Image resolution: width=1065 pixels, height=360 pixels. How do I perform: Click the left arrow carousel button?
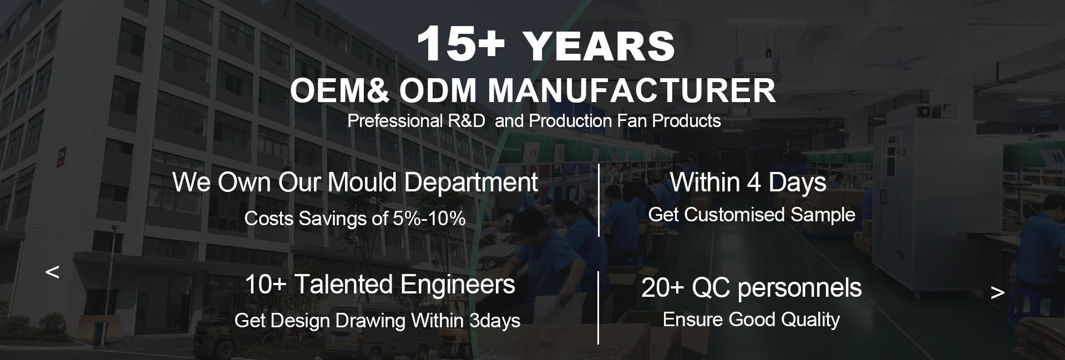point(52,272)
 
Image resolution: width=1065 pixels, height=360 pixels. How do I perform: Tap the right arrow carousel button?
point(997,292)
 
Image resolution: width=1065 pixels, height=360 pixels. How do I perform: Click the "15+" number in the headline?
point(460,44)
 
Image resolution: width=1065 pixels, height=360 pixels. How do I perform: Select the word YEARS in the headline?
point(599,45)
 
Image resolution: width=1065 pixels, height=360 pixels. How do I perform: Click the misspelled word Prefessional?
point(395,121)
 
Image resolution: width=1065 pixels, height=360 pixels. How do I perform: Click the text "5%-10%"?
point(429,218)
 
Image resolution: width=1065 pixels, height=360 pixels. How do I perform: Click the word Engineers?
point(458,285)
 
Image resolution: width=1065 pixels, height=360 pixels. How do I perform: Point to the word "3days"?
point(494,320)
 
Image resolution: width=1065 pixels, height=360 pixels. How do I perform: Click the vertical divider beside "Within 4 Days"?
point(599,200)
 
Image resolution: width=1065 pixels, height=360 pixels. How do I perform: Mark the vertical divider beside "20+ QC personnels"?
point(599,307)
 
